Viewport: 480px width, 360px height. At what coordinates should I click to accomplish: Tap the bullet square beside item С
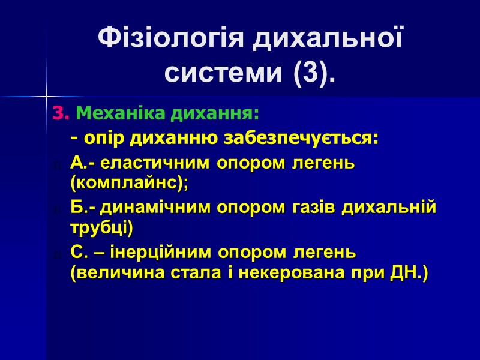pos(56,254)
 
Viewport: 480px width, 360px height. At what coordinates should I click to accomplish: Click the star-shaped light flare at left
pos(47,96)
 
